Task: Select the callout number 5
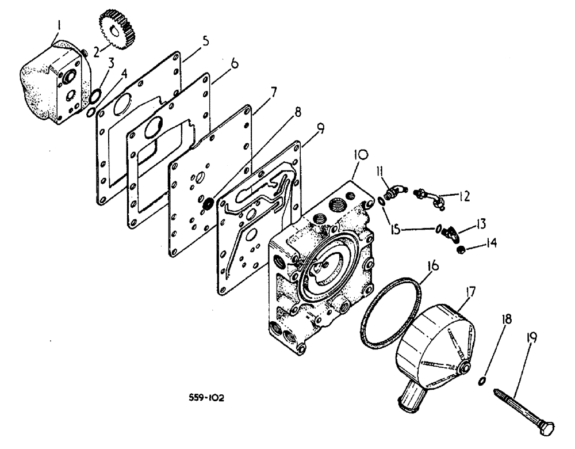(x=205, y=41)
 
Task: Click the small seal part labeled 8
(x=209, y=202)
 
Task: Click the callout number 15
(x=396, y=229)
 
